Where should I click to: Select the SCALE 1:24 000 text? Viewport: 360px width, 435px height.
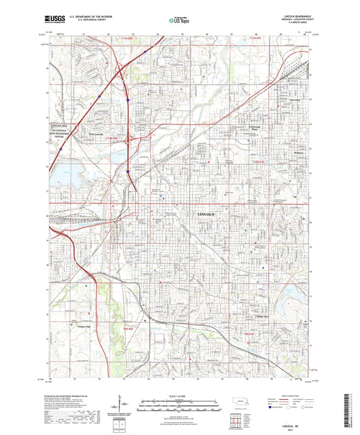(180, 395)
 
